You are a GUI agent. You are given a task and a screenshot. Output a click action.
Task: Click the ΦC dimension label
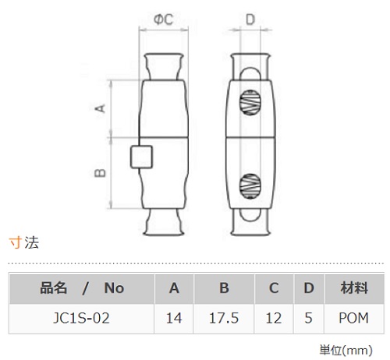click(x=163, y=19)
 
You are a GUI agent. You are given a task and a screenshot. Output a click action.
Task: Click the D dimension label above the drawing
click(x=250, y=19)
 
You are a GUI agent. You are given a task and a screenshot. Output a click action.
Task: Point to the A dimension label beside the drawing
click(x=100, y=108)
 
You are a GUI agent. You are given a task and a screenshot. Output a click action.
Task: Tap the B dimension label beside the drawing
click(x=100, y=173)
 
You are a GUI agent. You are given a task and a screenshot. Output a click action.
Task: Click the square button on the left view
click(x=141, y=157)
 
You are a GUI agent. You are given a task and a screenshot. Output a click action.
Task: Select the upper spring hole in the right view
click(x=250, y=103)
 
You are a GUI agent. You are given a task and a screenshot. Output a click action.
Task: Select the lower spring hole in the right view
click(x=250, y=186)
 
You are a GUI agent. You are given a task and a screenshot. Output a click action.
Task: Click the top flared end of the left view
click(x=164, y=66)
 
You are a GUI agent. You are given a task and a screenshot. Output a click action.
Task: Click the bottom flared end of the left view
click(x=164, y=222)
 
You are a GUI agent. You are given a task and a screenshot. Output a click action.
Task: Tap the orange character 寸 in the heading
click(x=16, y=243)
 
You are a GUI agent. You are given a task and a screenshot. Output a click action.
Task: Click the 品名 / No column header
click(x=82, y=288)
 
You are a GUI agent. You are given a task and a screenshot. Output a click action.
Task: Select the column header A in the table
click(x=174, y=288)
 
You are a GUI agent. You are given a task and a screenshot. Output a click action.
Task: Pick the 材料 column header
click(x=354, y=288)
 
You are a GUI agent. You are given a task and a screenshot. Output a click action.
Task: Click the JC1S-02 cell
click(x=81, y=318)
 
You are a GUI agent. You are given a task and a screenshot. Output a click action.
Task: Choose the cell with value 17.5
click(x=224, y=318)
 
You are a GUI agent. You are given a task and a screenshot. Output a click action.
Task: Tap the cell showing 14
click(x=174, y=318)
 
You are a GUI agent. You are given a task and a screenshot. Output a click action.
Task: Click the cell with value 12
click(x=274, y=318)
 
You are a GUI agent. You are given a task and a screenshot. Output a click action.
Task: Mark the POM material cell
click(x=354, y=318)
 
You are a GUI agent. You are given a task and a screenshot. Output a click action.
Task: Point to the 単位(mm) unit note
click(x=346, y=351)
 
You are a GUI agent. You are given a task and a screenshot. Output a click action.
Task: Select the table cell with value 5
click(x=308, y=318)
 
